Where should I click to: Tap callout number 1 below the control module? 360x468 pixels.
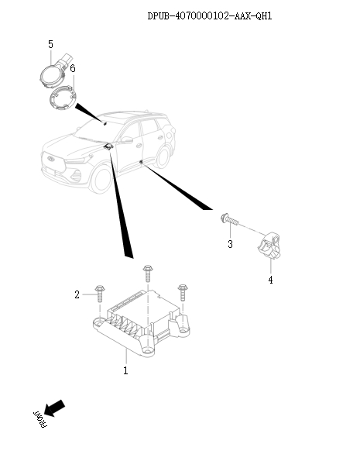125,371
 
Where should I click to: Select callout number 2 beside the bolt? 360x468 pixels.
77,294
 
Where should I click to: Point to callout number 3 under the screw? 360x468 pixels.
230,246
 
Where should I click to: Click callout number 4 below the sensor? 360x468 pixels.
270,280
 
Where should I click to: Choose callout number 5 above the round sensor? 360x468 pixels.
50,43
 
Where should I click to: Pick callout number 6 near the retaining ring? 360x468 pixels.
73,68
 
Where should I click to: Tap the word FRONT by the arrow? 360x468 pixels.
39,418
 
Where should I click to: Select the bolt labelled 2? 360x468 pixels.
101,294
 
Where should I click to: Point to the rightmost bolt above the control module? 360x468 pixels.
183,292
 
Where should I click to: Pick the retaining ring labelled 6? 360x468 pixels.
64,100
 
